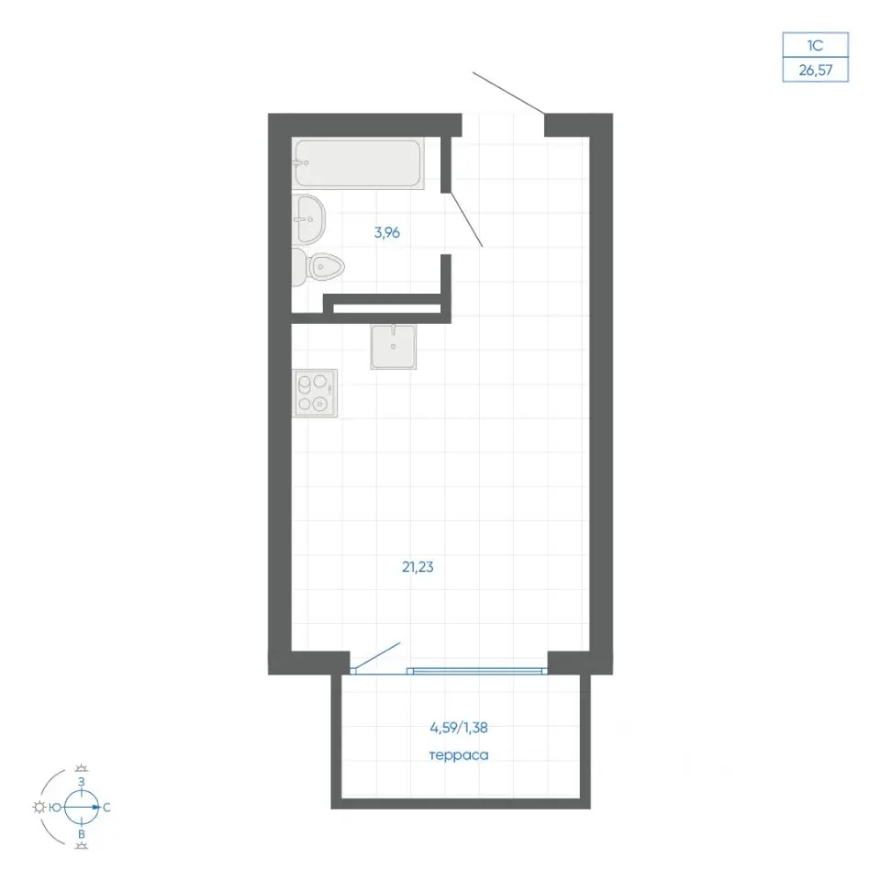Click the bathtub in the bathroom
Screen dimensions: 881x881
[358, 163]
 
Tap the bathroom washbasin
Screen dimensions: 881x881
[308, 219]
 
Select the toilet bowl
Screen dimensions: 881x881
[318, 267]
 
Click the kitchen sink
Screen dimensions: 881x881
[394, 347]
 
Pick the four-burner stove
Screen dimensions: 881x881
[315, 393]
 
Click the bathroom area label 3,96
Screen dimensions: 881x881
[387, 232]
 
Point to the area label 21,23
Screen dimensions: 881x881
[418, 567]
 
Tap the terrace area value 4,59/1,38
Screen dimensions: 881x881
[459, 728]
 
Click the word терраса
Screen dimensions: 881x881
[459, 755]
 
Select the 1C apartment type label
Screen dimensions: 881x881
[815, 45]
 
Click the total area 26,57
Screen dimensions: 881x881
[815, 71]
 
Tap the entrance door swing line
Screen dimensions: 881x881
[508, 93]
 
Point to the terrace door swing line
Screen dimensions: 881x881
[376, 657]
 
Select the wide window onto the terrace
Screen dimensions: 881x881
[477, 671]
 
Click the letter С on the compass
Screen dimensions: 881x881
[106, 808]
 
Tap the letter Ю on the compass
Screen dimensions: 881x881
[55, 808]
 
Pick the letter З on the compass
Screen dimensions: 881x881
[82, 782]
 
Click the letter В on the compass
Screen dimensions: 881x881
[82, 834]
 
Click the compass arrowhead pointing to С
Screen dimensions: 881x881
[96, 808]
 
